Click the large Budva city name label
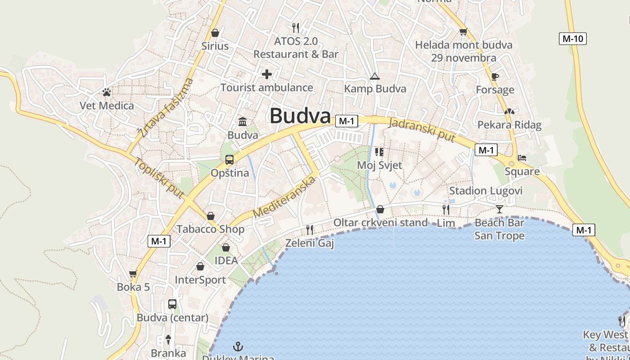click(x=300, y=116)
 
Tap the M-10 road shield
click(x=573, y=39)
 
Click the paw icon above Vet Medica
click(x=107, y=93)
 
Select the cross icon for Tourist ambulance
click(x=267, y=74)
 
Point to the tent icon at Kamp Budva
click(x=374, y=76)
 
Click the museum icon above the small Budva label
click(x=243, y=121)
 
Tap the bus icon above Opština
click(x=229, y=160)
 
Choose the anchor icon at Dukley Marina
click(x=238, y=346)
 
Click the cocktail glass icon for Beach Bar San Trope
click(x=499, y=209)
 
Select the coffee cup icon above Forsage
click(x=495, y=77)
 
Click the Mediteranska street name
click(x=285, y=197)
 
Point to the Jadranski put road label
click(x=423, y=130)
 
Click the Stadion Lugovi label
click(x=486, y=191)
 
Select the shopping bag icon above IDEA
click(x=226, y=247)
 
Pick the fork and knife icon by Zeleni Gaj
click(x=310, y=230)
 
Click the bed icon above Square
click(x=522, y=158)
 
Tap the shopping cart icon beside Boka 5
click(x=133, y=274)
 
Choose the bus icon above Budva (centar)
click(x=172, y=304)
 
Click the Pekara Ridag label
click(x=509, y=125)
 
